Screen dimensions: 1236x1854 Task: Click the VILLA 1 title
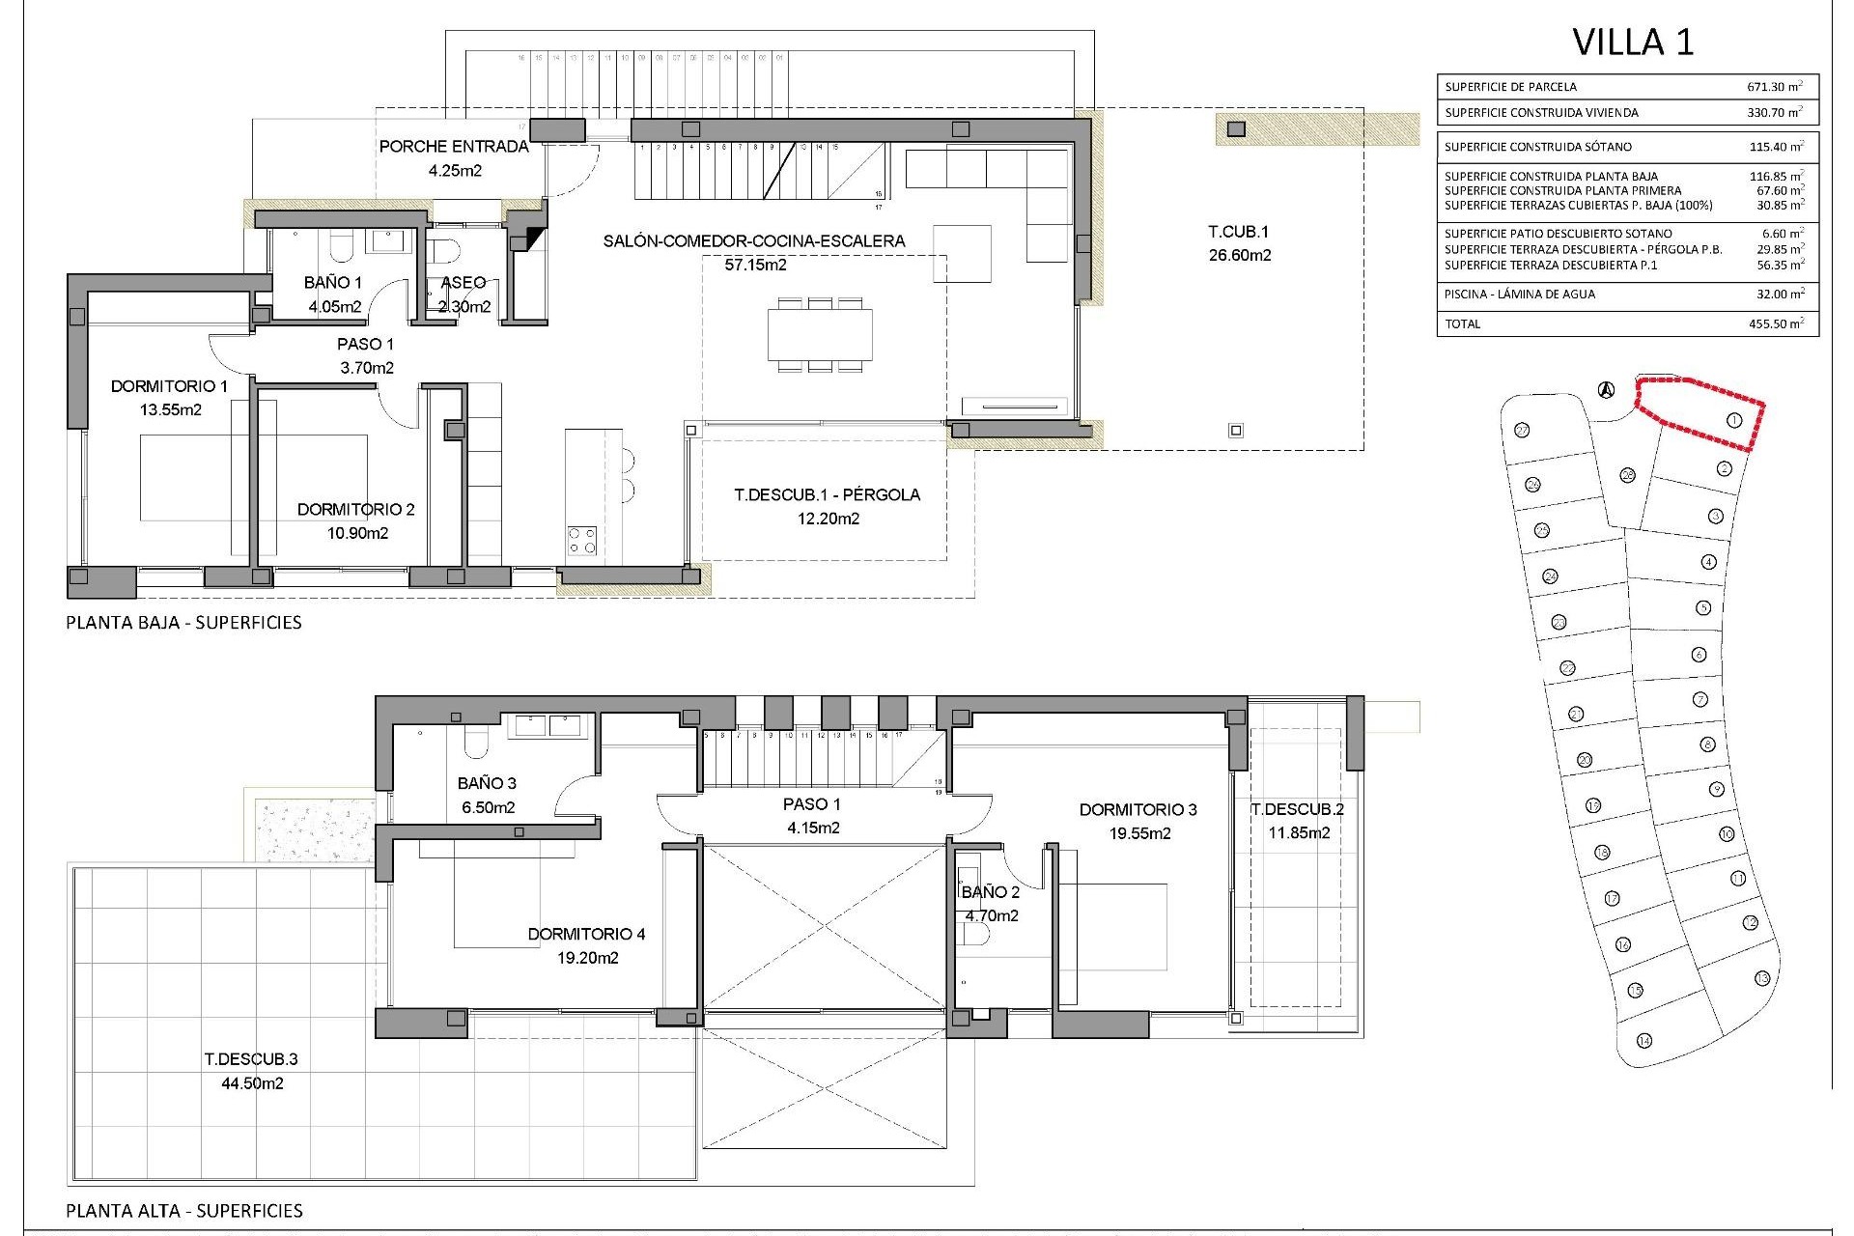tap(1633, 42)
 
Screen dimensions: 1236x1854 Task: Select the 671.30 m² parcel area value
tap(1775, 86)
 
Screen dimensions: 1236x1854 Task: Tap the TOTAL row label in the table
tap(1462, 324)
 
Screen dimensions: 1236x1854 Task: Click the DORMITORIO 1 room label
tap(170, 386)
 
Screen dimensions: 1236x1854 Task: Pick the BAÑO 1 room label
tap(332, 283)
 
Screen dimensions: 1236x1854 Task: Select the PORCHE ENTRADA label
tap(454, 147)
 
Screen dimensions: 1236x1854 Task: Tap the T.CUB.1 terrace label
tap(1239, 232)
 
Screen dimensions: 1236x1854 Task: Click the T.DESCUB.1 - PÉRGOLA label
tap(827, 495)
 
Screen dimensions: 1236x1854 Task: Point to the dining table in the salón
tap(820, 334)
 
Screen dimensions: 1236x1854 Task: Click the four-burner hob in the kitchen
tap(581, 540)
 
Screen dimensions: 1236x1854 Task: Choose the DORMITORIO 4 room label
tap(586, 934)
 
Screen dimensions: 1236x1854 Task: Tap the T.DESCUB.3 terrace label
tap(251, 1058)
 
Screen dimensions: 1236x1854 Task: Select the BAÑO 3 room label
tap(487, 784)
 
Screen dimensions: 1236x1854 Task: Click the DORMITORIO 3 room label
tap(1138, 810)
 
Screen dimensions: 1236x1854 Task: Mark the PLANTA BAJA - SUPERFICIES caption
tap(183, 623)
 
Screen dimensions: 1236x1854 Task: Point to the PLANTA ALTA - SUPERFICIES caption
tap(184, 1211)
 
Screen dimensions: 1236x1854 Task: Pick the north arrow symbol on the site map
tap(1606, 390)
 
